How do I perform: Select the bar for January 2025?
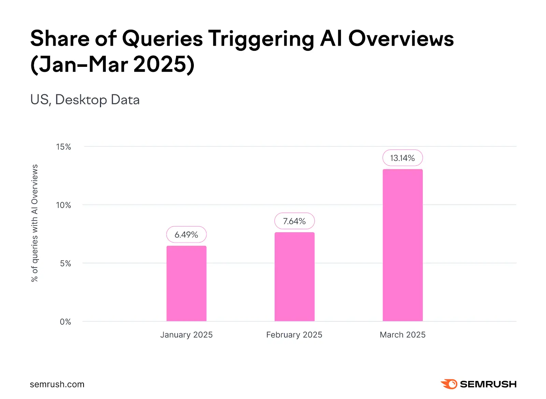point(186,283)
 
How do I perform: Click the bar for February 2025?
point(294,277)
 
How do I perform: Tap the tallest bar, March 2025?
point(403,245)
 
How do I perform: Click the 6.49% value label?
point(186,235)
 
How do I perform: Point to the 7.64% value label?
point(294,221)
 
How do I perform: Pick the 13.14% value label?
point(403,158)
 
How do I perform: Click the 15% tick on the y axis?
point(63,147)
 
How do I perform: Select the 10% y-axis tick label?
point(63,205)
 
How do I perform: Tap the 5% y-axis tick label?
point(66,264)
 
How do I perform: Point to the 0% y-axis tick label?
point(66,322)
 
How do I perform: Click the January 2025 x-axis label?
point(186,335)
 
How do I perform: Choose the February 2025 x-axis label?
point(294,335)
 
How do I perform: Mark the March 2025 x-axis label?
point(403,335)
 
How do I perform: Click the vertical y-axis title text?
point(34,223)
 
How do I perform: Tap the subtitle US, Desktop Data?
point(85,100)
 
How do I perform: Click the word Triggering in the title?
point(261,39)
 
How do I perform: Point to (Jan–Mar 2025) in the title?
point(113,64)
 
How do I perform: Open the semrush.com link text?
point(57,384)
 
